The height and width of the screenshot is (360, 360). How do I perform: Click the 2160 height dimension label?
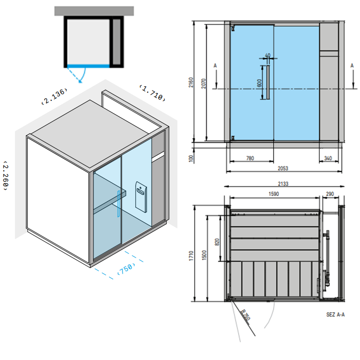(x=191, y=82)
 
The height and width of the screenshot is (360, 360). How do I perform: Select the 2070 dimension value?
(x=204, y=83)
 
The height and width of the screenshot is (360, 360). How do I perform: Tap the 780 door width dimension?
(x=250, y=158)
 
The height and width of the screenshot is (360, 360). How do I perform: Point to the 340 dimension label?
(x=328, y=158)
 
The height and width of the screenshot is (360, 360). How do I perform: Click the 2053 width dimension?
(x=283, y=168)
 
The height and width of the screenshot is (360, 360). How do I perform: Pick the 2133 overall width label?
(x=283, y=184)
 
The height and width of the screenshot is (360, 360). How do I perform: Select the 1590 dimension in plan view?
(x=274, y=194)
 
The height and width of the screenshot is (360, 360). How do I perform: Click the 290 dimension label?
(x=330, y=194)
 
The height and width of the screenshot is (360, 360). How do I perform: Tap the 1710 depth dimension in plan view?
(x=191, y=256)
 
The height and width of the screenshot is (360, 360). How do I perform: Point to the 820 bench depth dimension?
(x=217, y=242)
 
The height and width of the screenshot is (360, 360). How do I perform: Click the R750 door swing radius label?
(x=245, y=315)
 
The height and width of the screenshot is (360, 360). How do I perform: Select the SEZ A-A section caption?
(x=335, y=315)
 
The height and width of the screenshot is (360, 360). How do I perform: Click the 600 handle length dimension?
(x=259, y=83)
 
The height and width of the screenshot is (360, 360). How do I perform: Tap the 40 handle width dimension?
(x=268, y=56)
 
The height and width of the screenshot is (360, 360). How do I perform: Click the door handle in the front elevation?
(x=268, y=82)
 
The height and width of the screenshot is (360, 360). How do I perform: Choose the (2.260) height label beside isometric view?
(x=5, y=176)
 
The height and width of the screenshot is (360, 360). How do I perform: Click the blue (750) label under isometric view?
(x=126, y=268)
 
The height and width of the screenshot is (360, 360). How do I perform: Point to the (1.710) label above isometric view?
(x=152, y=93)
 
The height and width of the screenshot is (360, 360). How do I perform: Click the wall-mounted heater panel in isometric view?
(x=141, y=197)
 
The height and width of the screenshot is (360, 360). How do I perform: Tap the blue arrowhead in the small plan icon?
(x=80, y=81)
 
